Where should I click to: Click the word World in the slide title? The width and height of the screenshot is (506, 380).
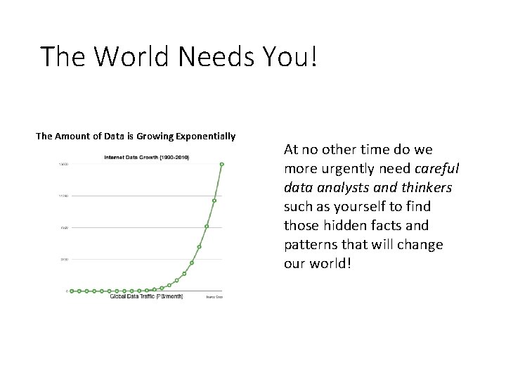pyautogui.click(x=132, y=56)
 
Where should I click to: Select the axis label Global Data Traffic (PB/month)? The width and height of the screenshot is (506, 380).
pyautogui.click(x=146, y=296)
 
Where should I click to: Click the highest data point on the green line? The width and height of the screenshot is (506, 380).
pyautogui.click(x=221, y=165)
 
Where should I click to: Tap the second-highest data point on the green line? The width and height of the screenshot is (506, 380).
pyautogui.click(x=214, y=201)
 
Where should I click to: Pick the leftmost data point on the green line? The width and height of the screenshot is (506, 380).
pyautogui.click(x=72, y=291)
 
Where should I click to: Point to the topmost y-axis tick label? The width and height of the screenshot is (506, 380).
pyautogui.click(x=63, y=164)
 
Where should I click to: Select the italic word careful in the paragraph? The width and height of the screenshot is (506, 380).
pyautogui.click(x=437, y=168)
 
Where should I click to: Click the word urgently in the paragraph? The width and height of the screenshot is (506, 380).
pyautogui.click(x=343, y=168)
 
